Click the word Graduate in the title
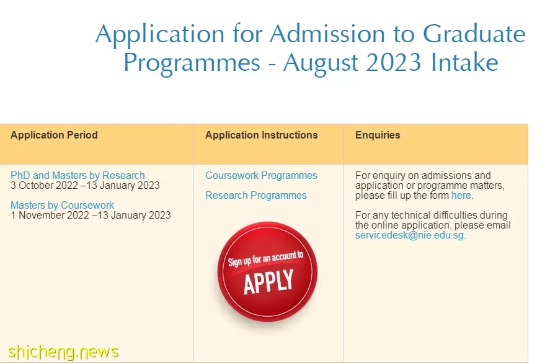pos(474,34)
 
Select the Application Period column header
pos(54,135)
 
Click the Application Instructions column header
pos(261,135)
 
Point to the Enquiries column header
pos(378,135)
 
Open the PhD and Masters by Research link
pos(78,175)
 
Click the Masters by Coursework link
pos(62,205)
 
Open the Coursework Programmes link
pos(261,175)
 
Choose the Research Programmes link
pos(255,195)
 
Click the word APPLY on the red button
pos(268,281)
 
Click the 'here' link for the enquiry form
pos(461,195)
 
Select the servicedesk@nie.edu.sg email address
pos(409,235)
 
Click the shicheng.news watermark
pos(63,352)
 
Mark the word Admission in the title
pos(327,34)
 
